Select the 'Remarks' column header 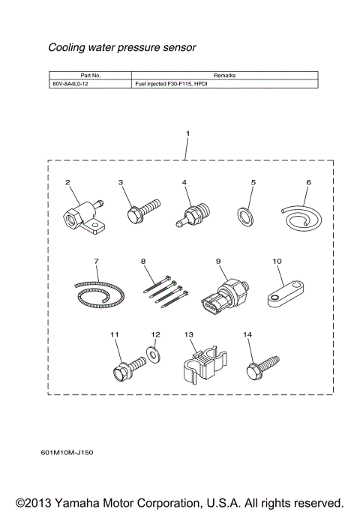pyautogui.click(x=224, y=76)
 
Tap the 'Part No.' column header pyautogui.click(x=90, y=76)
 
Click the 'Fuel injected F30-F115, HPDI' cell pyautogui.click(x=172, y=85)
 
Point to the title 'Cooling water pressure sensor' pyautogui.click(x=121, y=48)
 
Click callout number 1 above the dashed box pyautogui.click(x=187, y=133)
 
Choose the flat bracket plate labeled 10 pyautogui.click(x=284, y=295)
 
